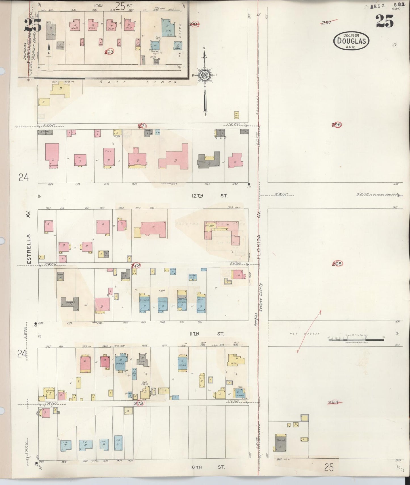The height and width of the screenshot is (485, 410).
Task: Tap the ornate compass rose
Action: point(204,75)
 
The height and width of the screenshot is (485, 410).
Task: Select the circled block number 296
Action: point(337,125)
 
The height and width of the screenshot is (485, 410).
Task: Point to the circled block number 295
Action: point(337,264)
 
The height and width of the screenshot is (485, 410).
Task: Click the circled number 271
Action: point(142,126)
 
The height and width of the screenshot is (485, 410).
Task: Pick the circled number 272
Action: point(136,265)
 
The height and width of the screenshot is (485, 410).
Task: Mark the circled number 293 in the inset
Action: point(109,52)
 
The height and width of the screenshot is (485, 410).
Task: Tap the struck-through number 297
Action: point(327,22)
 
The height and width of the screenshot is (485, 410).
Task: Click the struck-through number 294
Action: point(333,402)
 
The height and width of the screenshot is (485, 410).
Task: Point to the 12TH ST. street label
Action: point(211,196)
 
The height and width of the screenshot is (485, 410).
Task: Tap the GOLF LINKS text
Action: point(138,82)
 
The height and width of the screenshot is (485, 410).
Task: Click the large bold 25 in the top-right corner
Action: point(384,21)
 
